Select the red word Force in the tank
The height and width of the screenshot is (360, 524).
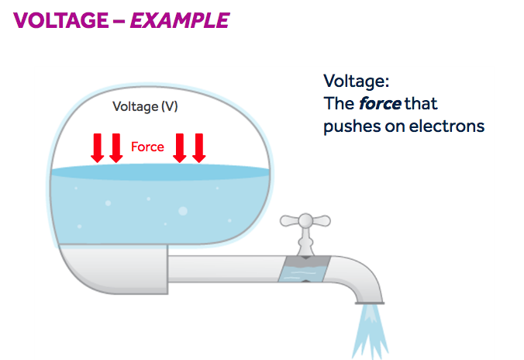pyautogui.click(x=147, y=146)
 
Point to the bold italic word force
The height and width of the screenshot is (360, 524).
pyautogui.click(x=380, y=102)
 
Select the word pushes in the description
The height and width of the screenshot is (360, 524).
pyautogui.click(x=349, y=126)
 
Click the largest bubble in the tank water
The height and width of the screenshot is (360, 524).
pyautogui.click(x=183, y=210)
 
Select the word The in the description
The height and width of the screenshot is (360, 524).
pyautogui.click(x=338, y=102)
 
